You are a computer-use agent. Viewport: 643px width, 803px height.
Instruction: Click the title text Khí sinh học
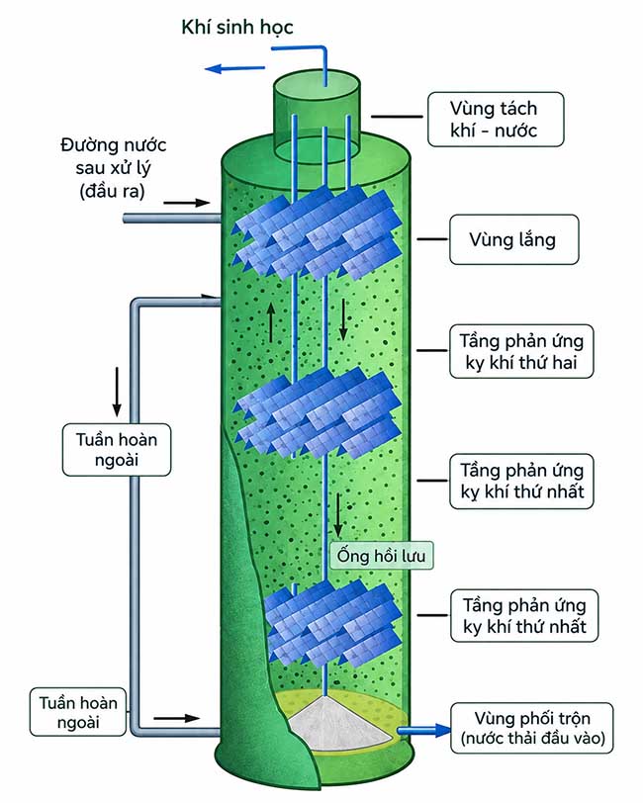point(237,27)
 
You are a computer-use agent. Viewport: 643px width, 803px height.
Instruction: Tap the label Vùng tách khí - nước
point(496,120)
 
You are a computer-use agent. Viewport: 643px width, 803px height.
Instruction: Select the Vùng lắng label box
point(513,239)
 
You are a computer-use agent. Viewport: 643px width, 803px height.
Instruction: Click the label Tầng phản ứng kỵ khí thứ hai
point(521,351)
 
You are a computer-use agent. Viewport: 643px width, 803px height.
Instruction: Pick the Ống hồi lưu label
point(381,556)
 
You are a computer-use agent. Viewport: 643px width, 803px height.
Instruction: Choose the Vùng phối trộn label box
point(532,728)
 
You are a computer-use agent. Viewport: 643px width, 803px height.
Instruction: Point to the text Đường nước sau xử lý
point(113,156)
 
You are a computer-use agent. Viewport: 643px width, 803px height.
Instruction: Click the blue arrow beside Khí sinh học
point(234,68)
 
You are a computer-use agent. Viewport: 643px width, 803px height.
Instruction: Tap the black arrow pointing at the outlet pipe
point(187,203)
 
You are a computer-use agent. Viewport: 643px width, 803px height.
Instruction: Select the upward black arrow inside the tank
point(270,322)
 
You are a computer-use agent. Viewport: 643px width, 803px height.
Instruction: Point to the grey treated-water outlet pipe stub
point(172,219)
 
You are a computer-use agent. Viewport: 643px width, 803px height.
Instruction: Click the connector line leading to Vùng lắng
point(432,239)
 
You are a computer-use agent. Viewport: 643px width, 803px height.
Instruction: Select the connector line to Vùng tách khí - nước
point(397,117)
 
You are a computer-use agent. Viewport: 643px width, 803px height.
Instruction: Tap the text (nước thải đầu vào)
point(533,739)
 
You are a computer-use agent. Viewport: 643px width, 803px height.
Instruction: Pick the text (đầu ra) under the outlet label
point(112,191)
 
